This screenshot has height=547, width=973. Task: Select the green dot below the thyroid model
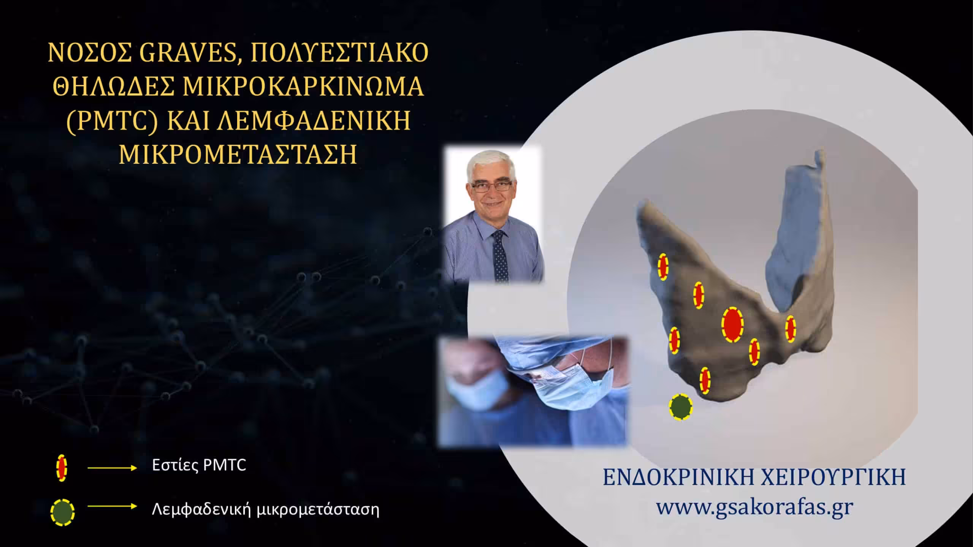point(681,407)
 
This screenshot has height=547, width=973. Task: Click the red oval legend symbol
point(61,469)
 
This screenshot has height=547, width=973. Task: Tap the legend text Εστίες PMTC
point(199,465)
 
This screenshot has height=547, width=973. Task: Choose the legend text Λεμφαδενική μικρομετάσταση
point(266,509)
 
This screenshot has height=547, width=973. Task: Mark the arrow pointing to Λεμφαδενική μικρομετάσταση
point(112,506)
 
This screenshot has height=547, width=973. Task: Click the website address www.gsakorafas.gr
point(755,506)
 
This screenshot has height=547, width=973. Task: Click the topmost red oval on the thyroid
point(663,267)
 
